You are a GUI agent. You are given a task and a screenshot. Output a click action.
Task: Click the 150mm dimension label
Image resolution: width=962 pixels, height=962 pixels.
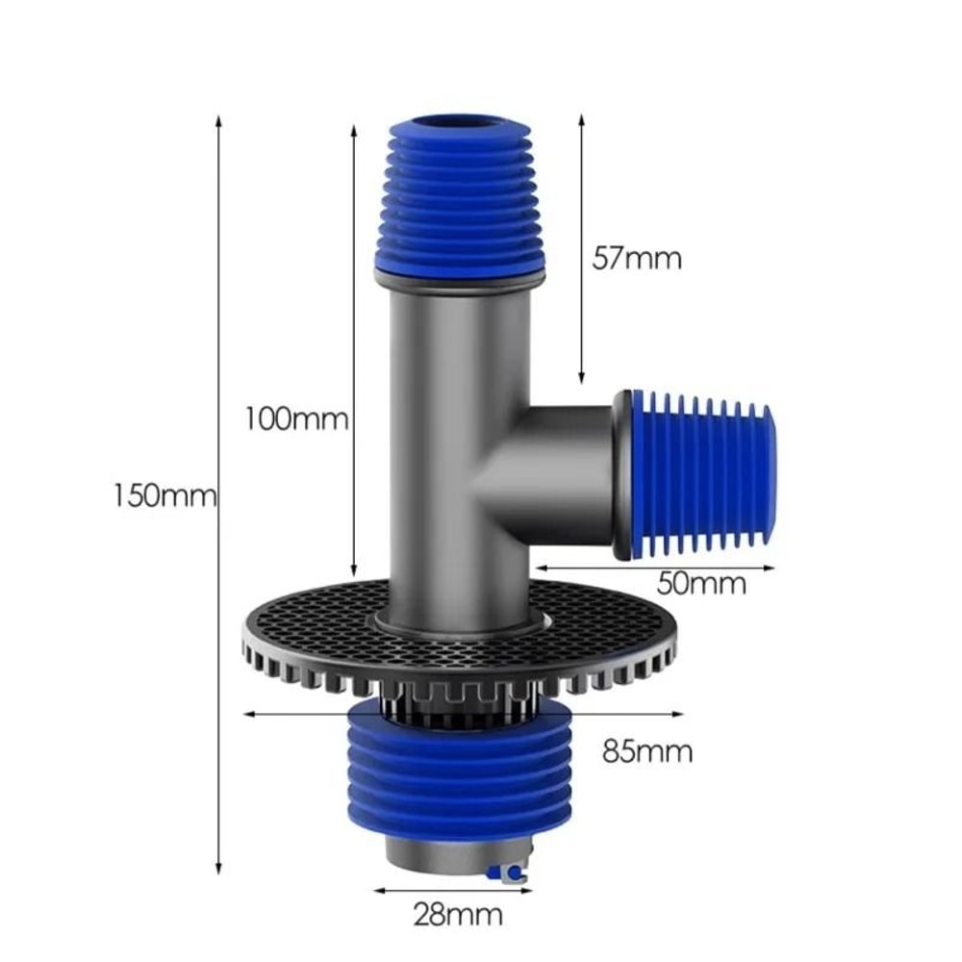tap(165, 496)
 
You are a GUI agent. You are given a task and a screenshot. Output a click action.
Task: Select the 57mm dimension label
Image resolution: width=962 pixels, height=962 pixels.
tap(636, 258)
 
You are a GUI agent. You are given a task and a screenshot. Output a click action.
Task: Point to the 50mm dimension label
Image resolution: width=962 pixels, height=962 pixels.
tap(703, 583)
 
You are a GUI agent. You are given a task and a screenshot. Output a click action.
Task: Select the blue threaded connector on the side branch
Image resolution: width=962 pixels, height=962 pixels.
tap(701, 473)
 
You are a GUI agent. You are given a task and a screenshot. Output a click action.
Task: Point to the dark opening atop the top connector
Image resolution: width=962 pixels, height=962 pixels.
tap(460, 123)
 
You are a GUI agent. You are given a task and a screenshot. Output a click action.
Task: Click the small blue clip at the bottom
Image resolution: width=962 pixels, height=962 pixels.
tap(509, 873)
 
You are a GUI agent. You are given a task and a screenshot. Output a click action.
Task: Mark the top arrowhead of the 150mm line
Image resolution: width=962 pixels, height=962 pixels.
tap(218, 121)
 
